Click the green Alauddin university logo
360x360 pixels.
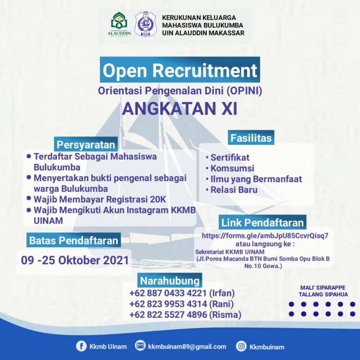click(x=119, y=24)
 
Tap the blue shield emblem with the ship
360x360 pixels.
click(x=146, y=24)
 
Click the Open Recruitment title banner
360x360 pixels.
click(x=180, y=70)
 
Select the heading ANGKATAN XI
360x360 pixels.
click(x=180, y=109)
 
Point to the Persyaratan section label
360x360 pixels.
click(x=86, y=145)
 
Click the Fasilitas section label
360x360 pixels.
click(x=251, y=138)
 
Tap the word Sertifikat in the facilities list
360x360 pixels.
click(x=230, y=157)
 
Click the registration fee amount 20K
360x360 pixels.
click(x=158, y=199)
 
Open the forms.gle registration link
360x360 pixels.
click(x=265, y=236)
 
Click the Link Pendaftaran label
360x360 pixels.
click(x=262, y=223)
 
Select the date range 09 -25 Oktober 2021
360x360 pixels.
click(x=75, y=260)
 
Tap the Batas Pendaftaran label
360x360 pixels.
click(x=74, y=240)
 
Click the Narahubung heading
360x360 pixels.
click(x=170, y=281)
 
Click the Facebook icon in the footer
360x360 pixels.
click(x=81, y=346)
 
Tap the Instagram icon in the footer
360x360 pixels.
click(x=241, y=346)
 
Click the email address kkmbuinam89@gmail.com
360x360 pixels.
click(x=187, y=346)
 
